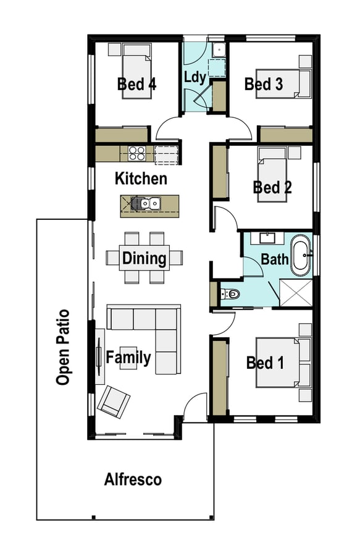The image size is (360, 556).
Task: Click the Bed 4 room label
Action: [136, 85]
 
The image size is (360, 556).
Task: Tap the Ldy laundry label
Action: [195, 77]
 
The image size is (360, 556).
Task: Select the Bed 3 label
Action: [264, 84]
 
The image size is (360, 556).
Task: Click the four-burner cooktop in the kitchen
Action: [136, 153]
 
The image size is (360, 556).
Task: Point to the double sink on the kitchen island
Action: [149, 203]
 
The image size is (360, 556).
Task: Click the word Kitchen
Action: [141, 179]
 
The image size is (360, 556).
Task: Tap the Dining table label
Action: [144, 258]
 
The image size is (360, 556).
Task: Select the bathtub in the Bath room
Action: [301, 255]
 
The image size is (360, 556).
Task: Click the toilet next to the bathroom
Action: [230, 293]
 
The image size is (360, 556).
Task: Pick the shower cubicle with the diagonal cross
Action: [296, 293]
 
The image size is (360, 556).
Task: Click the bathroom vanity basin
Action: [267, 238]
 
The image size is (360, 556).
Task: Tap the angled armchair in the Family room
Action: [114, 401]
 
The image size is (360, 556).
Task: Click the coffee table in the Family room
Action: [128, 358]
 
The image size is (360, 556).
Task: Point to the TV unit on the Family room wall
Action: [99, 356]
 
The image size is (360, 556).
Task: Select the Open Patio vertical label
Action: [63, 347]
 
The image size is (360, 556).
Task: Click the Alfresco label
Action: [133, 480]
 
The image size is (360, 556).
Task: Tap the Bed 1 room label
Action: [265, 363]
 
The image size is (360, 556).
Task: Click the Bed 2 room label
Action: [272, 187]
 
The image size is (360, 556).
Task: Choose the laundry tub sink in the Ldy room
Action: [219, 50]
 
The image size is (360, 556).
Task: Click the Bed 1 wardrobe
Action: [219, 377]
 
